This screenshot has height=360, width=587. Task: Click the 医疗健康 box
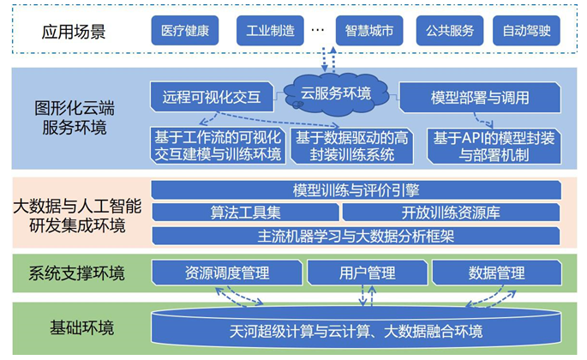(185, 30)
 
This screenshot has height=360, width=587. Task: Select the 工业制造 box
(270, 30)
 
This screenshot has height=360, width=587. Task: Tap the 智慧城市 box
(369, 30)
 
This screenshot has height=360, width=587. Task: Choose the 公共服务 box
(450, 30)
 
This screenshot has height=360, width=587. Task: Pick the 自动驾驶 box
(526, 30)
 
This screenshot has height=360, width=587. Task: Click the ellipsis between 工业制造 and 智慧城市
(317, 30)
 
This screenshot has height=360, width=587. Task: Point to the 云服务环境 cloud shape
(336, 94)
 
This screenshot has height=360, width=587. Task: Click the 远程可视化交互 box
(212, 97)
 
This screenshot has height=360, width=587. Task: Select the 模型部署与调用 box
(480, 98)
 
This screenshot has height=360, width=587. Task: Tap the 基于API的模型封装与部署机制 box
(494, 147)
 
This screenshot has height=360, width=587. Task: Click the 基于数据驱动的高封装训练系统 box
(352, 147)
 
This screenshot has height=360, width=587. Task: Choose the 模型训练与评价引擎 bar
(356, 190)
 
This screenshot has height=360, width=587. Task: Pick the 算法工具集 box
(245, 213)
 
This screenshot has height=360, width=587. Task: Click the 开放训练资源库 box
(451, 213)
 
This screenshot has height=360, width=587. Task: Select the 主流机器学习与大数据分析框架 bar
(356, 236)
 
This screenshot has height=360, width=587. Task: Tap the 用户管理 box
(368, 273)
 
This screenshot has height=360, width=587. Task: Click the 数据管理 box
(497, 273)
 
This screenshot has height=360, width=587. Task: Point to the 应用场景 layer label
(74, 32)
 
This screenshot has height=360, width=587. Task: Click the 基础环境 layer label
(82, 327)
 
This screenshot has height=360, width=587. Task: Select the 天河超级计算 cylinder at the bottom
(356, 327)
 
